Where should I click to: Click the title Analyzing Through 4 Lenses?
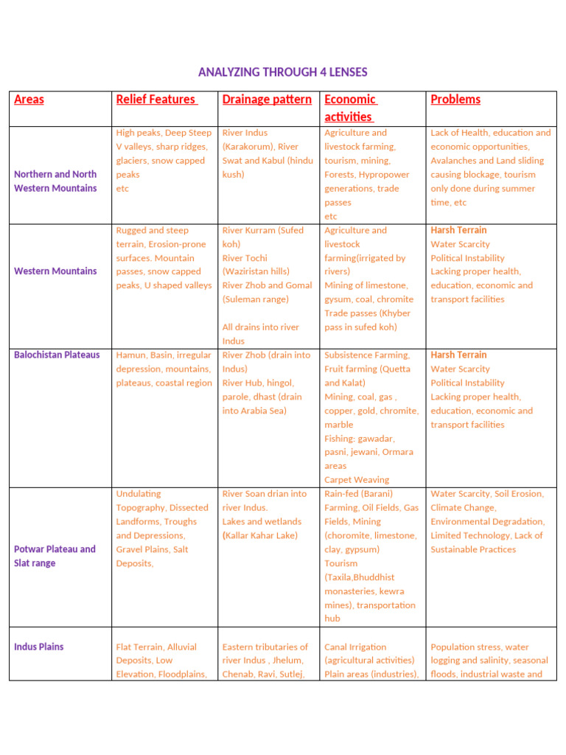282,72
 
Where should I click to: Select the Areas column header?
29,100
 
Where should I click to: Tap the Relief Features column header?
156,100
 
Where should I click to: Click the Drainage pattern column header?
267,100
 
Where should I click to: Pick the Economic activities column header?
350,108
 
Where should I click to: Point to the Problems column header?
455,100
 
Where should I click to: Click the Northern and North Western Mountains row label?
55,181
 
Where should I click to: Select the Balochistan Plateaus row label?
57,355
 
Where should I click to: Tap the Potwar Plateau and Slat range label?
55,556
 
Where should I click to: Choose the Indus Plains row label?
39,647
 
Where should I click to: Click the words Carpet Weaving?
357,480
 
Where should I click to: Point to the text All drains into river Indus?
260,334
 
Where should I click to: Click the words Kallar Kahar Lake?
261,535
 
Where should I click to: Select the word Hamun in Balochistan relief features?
130,355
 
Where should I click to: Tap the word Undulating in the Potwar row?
139,494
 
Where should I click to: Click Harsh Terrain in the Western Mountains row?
458,230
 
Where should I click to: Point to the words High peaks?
138,133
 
